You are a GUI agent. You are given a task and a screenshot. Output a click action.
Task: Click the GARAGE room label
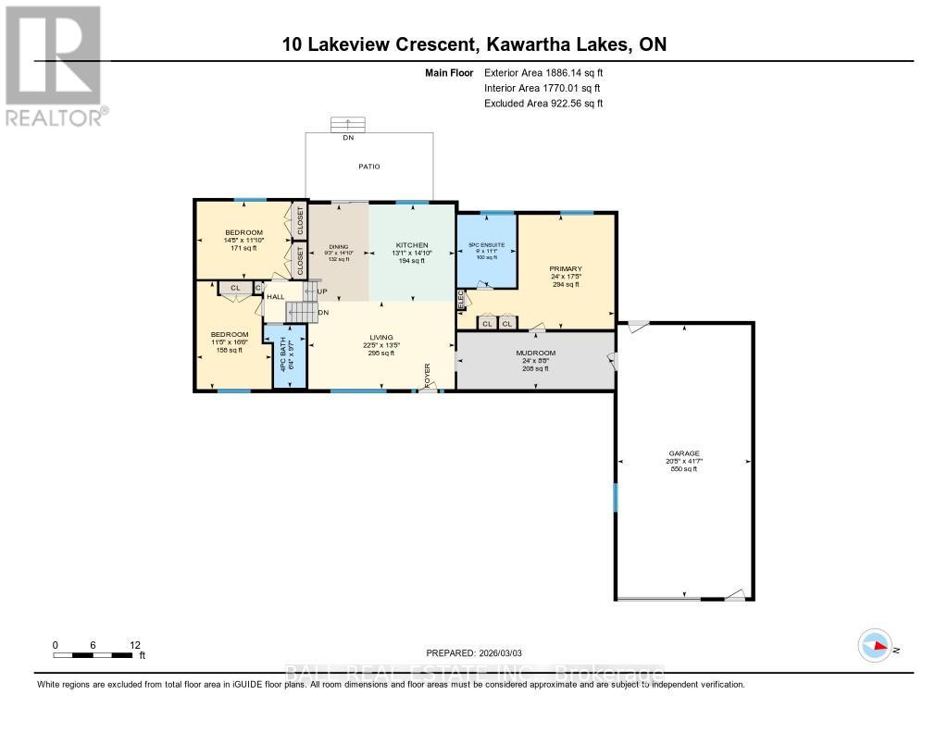tap(684, 454)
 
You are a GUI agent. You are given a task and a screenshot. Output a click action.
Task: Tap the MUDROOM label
tap(535, 354)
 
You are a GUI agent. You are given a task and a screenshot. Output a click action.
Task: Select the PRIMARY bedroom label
tap(565, 269)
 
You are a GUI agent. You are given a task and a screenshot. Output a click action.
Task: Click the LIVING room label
tap(380, 337)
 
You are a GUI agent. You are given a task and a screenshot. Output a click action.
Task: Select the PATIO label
tap(369, 167)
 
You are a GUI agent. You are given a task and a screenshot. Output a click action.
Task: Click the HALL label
tap(275, 297)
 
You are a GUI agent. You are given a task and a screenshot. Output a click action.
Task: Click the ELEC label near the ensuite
tap(460, 300)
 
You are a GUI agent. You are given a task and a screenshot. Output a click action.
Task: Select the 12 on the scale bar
tap(134, 645)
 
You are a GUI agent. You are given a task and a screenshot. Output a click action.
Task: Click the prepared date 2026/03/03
tap(480, 652)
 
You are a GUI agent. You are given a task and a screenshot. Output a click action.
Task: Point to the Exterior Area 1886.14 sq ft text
tap(543, 72)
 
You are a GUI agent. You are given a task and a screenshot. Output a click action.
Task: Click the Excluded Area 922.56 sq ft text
tap(543, 104)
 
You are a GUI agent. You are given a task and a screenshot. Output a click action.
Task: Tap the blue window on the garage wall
tap(615, 497)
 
